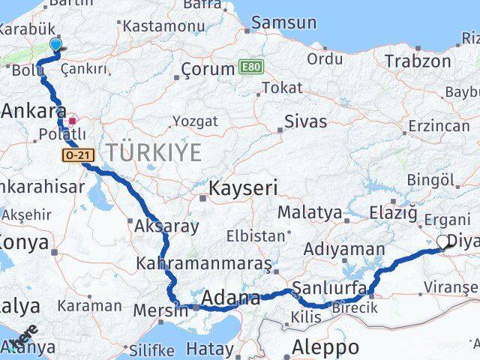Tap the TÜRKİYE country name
pyautogui.click(x=154, y=152)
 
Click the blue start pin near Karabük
pyautogui.click(x=55, y=46)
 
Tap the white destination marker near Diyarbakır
pyautogui.click(x=443, y=241)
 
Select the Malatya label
pyautogui.click(x=310, y=212)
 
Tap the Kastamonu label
pyautogui.click(x=157, y=25)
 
